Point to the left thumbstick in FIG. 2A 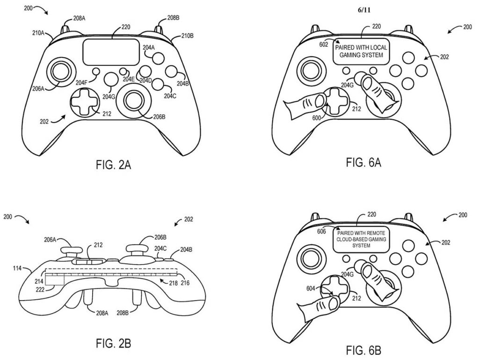(x=61, y=71)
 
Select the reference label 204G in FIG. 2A (x=109, y=97)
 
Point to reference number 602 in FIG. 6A (x=323, y=44)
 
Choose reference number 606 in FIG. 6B (x=321, y=231)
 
